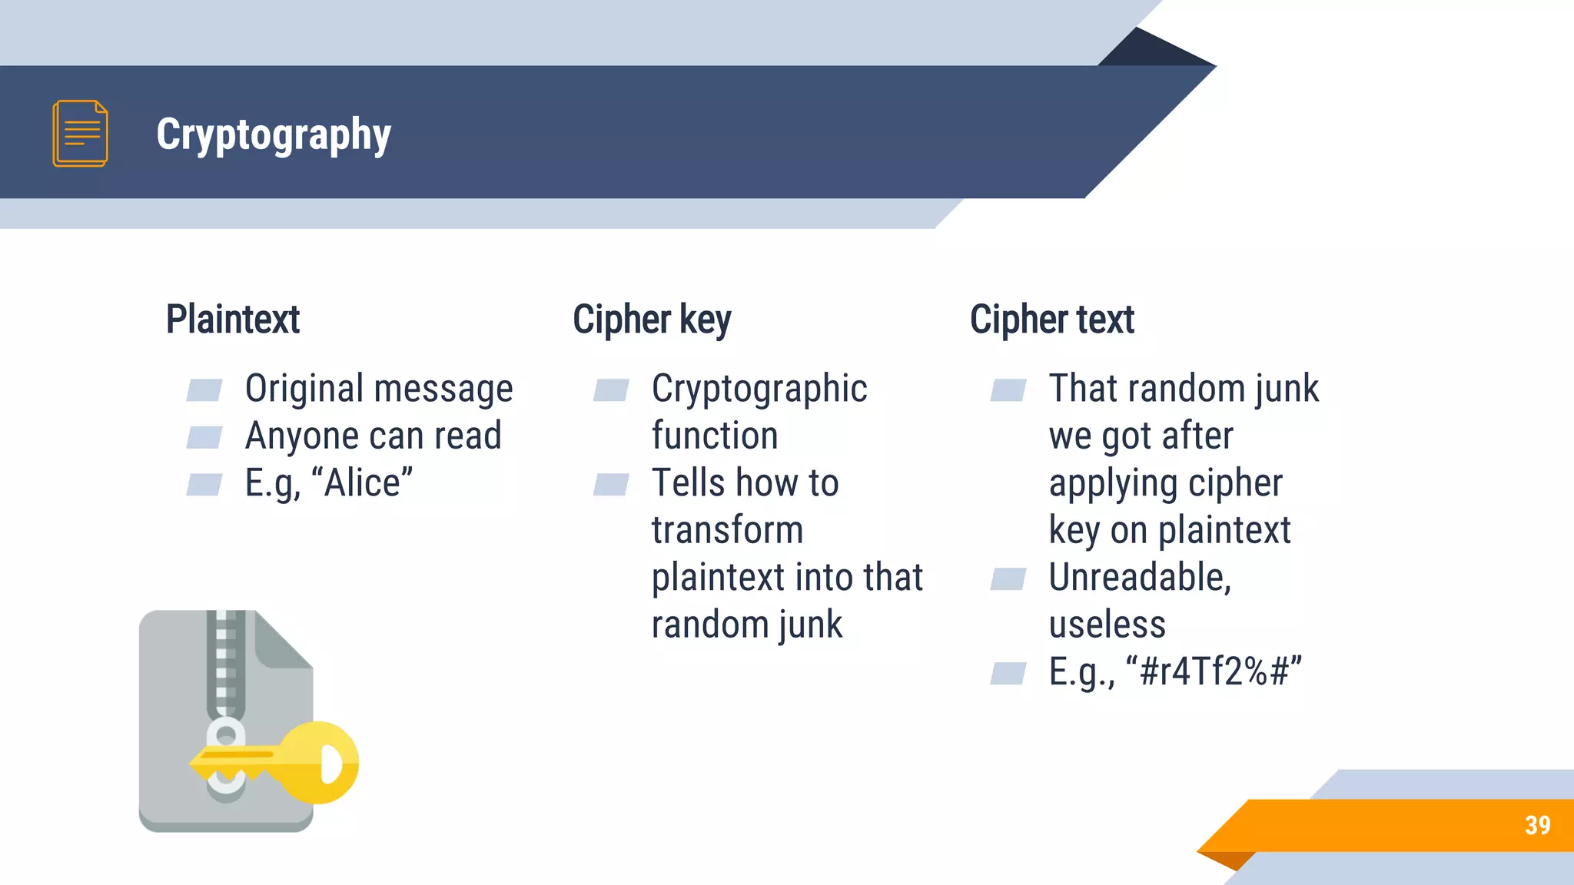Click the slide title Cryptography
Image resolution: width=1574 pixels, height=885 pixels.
[274, 134]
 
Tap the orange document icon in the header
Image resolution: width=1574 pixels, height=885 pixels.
[80, 133]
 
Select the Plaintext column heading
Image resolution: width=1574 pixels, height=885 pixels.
[233, 320]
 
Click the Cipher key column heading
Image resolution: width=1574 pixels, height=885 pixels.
[652, 320]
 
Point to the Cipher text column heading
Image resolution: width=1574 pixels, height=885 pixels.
[1051, 320]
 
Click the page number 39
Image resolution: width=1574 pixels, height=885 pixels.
[1537, 825]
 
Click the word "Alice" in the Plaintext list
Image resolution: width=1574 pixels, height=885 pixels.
[368, 483]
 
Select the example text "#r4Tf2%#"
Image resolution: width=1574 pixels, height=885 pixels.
[1214, 671]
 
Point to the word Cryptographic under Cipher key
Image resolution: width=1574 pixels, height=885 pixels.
[759, 389]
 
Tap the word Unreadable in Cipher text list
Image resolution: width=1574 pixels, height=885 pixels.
[1140, 577]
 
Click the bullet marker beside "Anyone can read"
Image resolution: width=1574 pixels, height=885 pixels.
[204, 437]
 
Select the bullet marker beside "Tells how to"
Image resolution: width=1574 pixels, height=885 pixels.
[611, 485]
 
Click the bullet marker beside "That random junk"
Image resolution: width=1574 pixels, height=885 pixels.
[1008, 390]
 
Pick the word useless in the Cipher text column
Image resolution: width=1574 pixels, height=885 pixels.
[1107, 625]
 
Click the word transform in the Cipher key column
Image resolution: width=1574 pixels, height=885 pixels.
[727, 530]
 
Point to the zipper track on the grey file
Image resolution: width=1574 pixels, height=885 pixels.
[225, 661]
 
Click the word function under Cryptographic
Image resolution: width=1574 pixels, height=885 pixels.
[715, 436]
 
